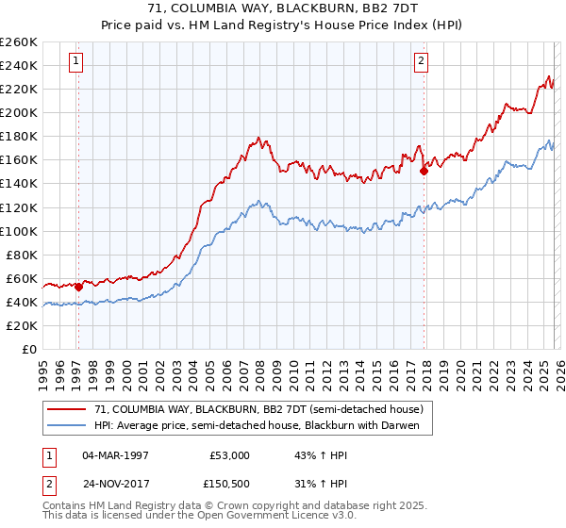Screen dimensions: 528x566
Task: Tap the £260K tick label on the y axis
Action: [19, 42]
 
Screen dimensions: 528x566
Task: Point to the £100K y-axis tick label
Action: [19, 231]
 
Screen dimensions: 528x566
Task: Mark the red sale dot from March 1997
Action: [77, 287]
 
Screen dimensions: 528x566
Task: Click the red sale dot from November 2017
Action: [424, 171]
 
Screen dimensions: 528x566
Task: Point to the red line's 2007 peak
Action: [259, 138]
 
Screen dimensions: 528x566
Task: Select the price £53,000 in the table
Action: [229, 454]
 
